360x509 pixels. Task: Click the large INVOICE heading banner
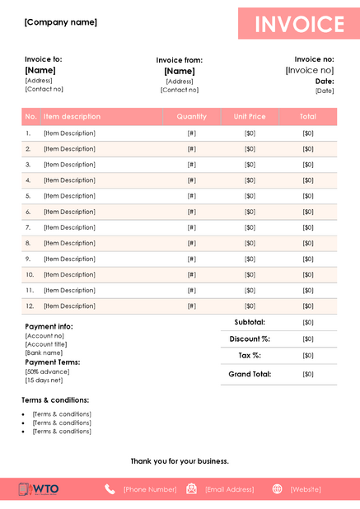[x=299, y=24]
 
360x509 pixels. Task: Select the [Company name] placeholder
[x=61, y=22]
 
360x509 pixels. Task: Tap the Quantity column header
[x=191, y=117]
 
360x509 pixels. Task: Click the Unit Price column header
[x=250, y=117]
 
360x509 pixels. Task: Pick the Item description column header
[x=72, y=117]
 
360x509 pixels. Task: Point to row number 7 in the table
[x=28, y=227]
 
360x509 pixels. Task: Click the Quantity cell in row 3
[x=191, y=165]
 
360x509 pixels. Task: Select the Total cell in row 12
[x=307, y=306]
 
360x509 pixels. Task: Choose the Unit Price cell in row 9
[x=250, y=259]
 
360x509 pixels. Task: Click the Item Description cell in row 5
[x=69, y=196]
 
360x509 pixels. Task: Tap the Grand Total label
[x=250, y=374]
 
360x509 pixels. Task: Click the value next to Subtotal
[x=307, y=322]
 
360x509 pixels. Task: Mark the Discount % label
[x=250, y=339]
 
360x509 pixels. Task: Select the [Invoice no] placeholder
[x=309, y=71]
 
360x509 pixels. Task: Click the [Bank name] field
[x=44, y=353]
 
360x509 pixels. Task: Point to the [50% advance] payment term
[x=47, y=371]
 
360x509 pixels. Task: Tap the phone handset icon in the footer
[x=110, y=489]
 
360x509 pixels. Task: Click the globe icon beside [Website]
[x=277, y=489]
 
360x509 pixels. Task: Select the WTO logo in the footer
[x=39, y=489]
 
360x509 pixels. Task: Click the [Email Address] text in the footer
[x=229, y=489]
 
